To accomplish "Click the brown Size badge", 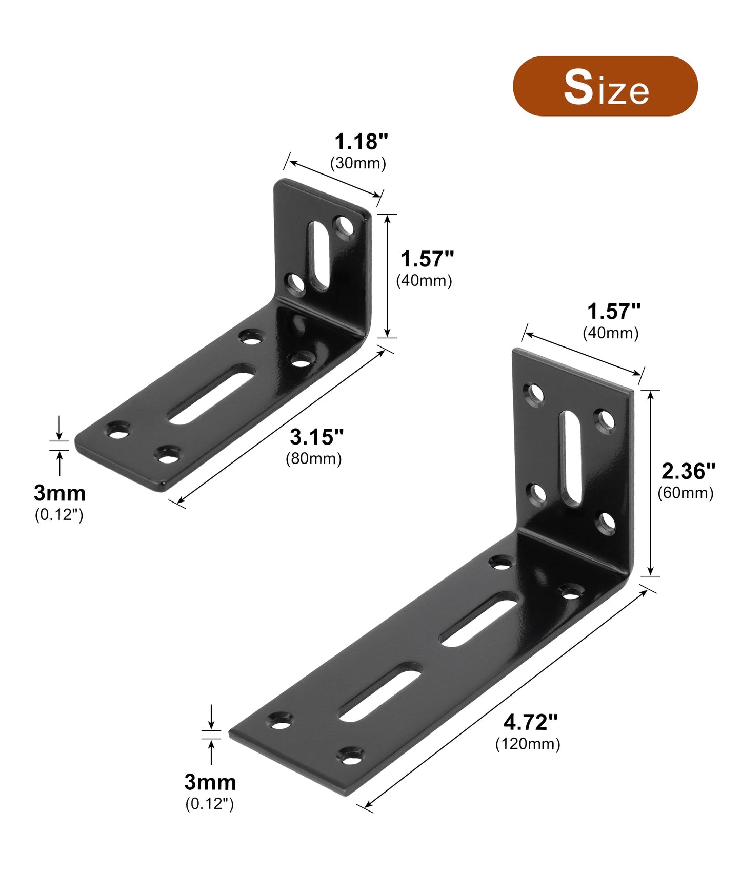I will tap(605, 86).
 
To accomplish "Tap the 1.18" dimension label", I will tap(361, 142).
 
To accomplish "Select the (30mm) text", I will tap(358, 163).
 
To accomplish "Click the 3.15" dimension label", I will tap(316, 437).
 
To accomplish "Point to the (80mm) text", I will tap(313, 458).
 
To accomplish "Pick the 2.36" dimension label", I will tap(688, 471).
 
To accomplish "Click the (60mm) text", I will tap(686, 493).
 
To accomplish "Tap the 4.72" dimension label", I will tap(530, 722).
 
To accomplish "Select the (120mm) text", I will tap(528, 744).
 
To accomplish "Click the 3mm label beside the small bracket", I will tap(59, 493).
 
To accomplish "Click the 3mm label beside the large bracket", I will tap(210, 782).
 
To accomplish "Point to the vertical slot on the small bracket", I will tap(318, 255).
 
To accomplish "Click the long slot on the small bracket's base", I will tap(212, 394).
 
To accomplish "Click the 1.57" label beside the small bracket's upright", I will tap(427, 259).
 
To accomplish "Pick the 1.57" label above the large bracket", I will tap(613, 312).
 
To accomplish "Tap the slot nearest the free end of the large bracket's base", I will tap(380, 692).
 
